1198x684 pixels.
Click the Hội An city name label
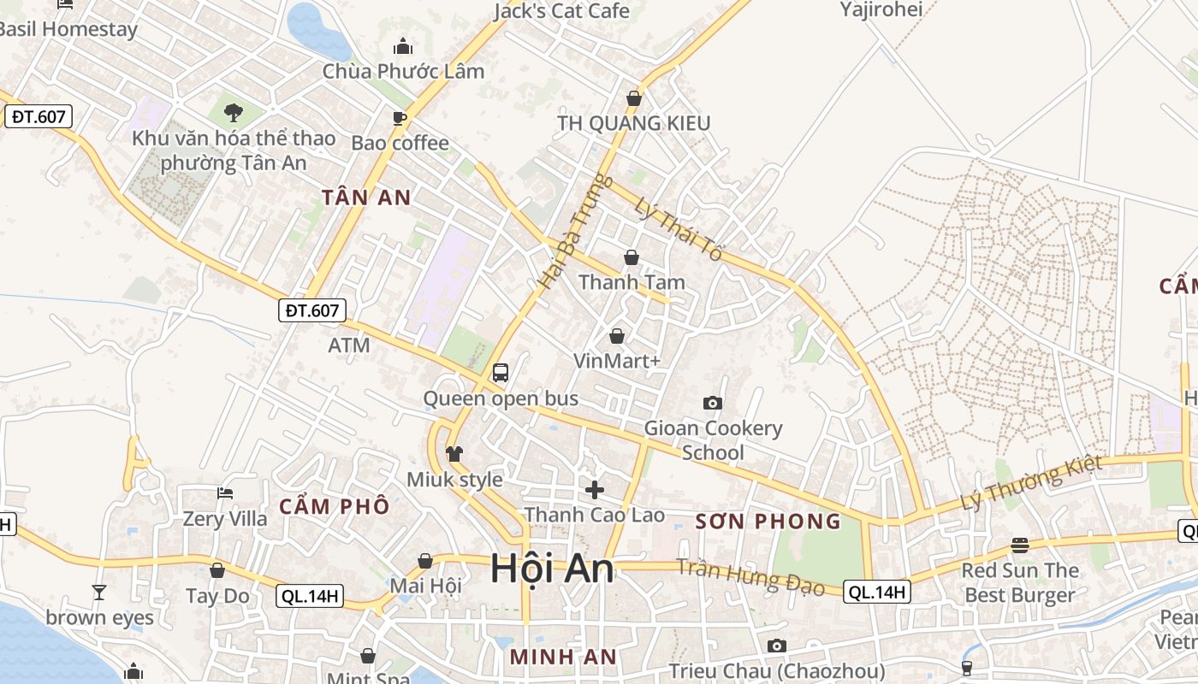tap(552, 569)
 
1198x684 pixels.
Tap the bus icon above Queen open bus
tap(501, 373)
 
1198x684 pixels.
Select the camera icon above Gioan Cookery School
tap(712, 403)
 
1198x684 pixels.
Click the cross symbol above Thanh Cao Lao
tap(594, 489)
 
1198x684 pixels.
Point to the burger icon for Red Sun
tap(1019, 545)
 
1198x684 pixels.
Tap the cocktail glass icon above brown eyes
tap(99, 592)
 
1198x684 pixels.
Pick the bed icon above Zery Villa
tap(225, 492)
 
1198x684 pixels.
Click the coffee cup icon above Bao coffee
tap(399, 117)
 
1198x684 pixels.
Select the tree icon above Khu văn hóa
tap(233, 112)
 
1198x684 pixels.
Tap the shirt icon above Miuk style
tap(454, 453)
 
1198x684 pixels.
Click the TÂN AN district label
tap(366, 198)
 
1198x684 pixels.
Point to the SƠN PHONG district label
tap(768, 521)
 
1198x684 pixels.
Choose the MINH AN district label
tap(562, 657)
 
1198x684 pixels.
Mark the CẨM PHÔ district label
tap(334, 505)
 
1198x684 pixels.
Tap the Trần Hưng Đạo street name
tap(750, 576)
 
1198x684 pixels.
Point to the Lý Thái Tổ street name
tap(679, 229)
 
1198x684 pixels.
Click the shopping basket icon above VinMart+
tap(617, 336)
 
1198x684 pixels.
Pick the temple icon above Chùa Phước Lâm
tap(403, 46)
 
